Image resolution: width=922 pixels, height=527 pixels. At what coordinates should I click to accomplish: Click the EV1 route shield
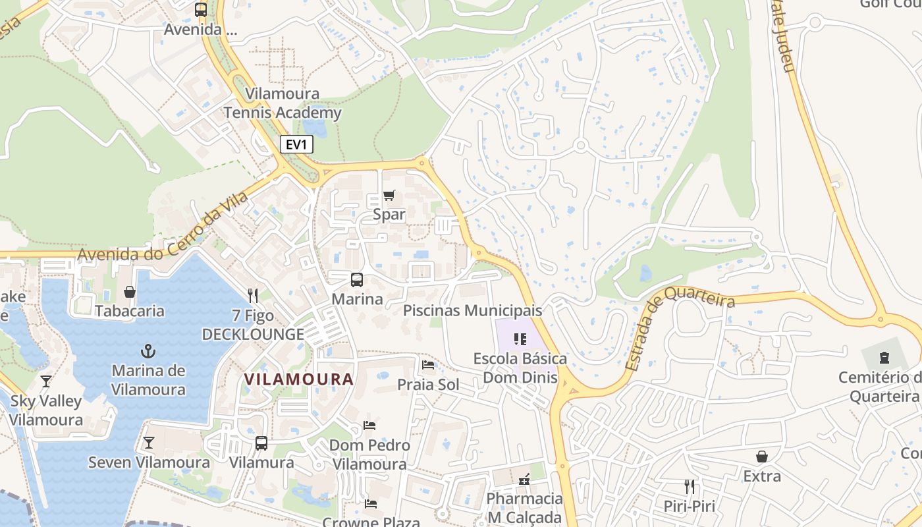click(296, 144)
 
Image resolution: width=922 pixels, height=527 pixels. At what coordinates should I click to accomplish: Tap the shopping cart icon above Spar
click(389, 195)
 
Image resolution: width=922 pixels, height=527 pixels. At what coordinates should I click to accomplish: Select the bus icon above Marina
click(357, 280)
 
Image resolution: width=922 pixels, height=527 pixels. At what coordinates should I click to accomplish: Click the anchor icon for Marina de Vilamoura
click(148, 350)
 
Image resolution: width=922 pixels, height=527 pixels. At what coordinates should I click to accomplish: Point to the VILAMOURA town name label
click(299, 379)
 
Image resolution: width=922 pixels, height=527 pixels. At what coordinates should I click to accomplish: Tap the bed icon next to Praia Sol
click(428, 365)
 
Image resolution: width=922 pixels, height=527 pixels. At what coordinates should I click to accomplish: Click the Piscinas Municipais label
click(472, 310)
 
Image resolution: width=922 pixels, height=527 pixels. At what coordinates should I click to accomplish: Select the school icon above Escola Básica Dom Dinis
click(520, 339)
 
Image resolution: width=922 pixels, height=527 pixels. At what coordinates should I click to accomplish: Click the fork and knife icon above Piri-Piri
click(690, 487)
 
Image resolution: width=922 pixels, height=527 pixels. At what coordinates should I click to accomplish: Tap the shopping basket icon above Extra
click(762, 457)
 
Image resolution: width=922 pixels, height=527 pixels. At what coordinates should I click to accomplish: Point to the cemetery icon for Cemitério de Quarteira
click(884, 358)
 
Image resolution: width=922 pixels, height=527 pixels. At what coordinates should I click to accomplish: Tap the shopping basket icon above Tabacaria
click(130, 291)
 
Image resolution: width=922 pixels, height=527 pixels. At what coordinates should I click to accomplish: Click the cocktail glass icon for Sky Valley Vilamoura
click(46, 381)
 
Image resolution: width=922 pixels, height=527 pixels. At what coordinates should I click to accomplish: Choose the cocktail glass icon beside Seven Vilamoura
click(149, 443)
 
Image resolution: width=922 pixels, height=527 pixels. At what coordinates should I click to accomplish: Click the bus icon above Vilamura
click(261, 443)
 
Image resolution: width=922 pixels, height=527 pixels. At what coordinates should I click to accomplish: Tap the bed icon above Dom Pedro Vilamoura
click(369, 426)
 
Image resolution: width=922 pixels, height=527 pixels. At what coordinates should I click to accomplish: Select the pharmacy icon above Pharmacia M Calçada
click(524, 480)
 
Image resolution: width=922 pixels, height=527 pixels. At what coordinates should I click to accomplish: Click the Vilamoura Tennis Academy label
click(283, 103)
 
